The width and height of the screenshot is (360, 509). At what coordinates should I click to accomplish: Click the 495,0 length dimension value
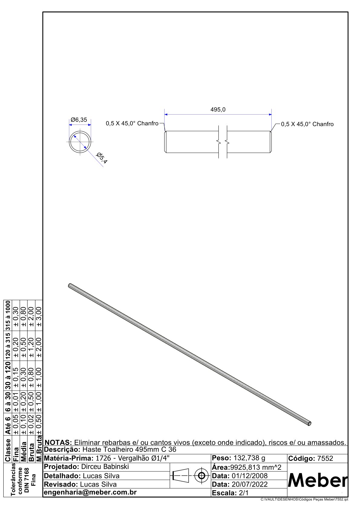point(218,110)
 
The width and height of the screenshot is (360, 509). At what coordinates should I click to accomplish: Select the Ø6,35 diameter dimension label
point(79,120)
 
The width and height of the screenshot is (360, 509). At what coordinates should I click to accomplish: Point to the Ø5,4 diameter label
point(102,158)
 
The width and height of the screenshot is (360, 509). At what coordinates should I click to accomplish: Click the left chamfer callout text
point(132,123)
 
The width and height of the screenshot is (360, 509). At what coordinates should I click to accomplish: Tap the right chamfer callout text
point(307,124)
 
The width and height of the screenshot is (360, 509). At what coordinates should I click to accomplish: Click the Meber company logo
point(318,481)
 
